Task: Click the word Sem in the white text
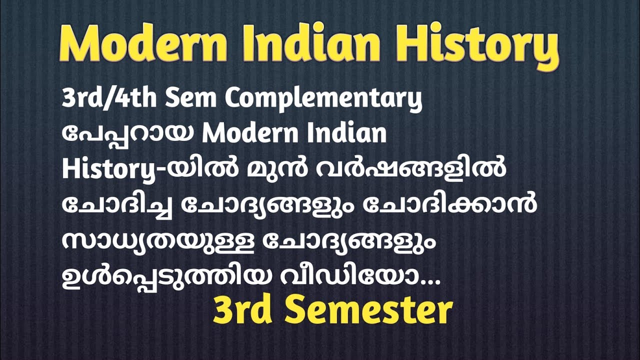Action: coord(191,99)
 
